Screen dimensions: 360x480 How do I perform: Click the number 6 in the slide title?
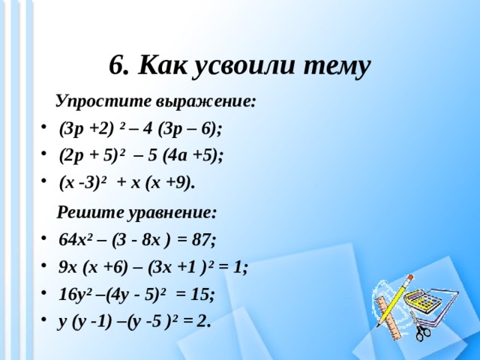(x=118, y=66)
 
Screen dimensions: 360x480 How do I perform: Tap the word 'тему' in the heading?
(x=336, y=66)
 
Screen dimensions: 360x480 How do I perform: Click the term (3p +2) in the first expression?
(x=85, y=128)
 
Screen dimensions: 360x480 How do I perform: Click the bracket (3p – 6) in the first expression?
(x=189, y=128)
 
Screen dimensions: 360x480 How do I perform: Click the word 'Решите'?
(x=82, y=211)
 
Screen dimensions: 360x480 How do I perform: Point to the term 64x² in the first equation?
(x=75, y=240)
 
